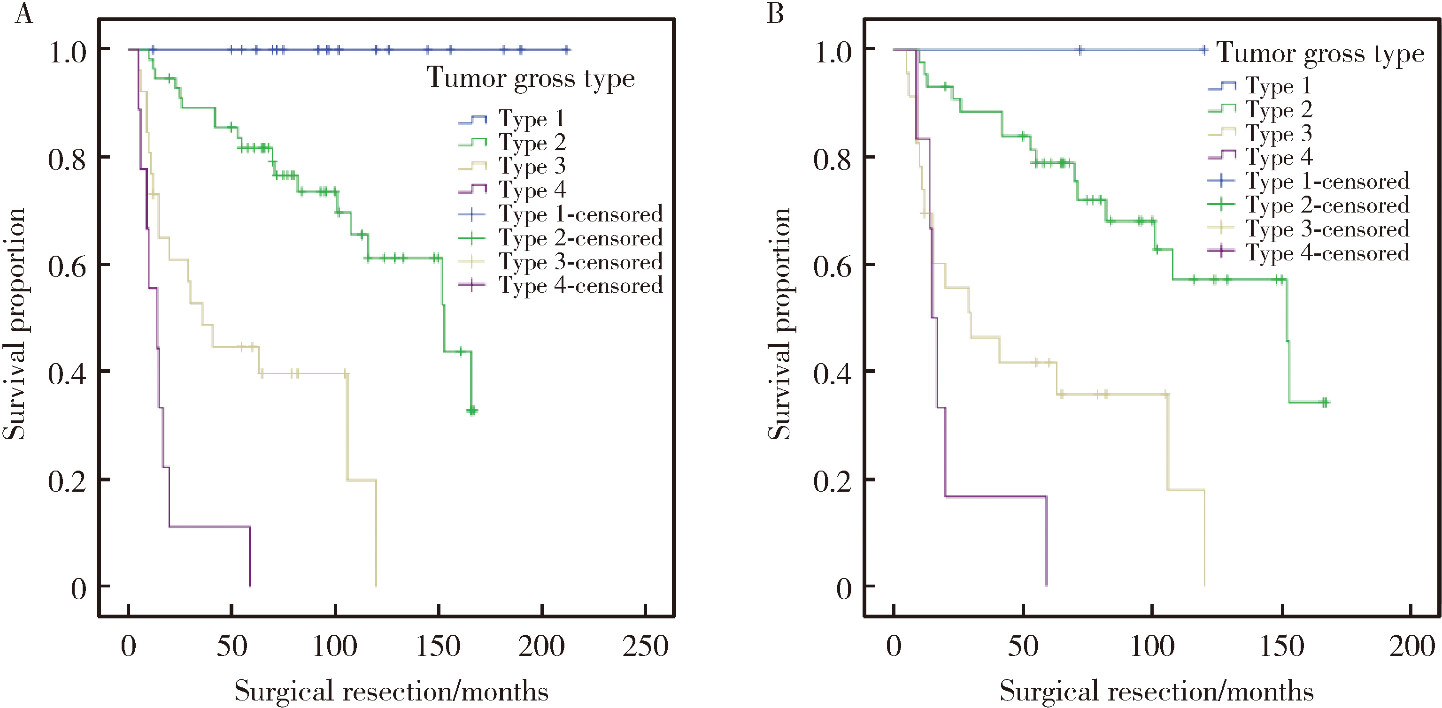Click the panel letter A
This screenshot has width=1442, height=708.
point(23,14)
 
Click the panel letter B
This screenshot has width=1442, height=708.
point(775,14)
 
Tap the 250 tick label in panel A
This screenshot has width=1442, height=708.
point(646,647)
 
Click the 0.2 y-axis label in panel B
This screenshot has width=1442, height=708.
point(833,481)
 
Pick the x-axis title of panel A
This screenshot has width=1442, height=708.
point(391,691)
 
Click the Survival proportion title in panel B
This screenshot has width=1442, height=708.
point(779,324)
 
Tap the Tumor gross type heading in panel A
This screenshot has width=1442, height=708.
point(530,78)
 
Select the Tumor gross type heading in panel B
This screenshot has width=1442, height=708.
point(1320,53)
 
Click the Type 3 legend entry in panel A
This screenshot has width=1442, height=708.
point(532,166)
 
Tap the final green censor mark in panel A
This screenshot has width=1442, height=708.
point(472,411)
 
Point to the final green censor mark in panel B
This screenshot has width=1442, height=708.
point(1325,402)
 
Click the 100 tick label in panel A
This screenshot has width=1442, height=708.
point(335,647)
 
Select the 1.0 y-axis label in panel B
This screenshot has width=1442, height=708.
point(833,53)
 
